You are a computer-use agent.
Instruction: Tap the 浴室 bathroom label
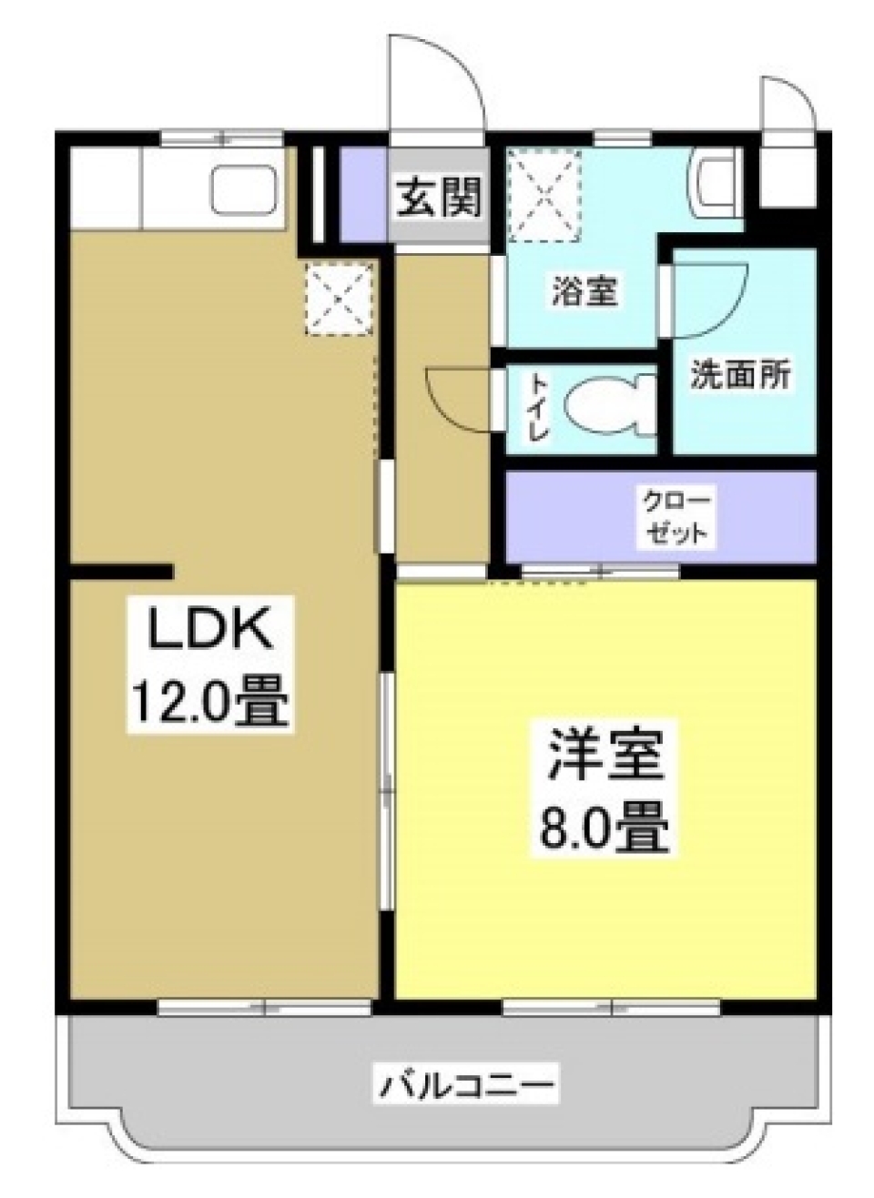click(x=584, y=291)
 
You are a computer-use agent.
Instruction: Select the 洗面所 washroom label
click(x=739, y=375)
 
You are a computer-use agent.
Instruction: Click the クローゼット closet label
click(x=676, y=515)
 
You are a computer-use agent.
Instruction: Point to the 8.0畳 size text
click(x=605, y=825)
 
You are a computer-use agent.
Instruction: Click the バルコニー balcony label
click(x=466, y=1085)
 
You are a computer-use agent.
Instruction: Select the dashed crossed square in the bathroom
click(x=544, y=195)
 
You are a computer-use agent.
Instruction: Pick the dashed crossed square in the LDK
click(x=339, y=298)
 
